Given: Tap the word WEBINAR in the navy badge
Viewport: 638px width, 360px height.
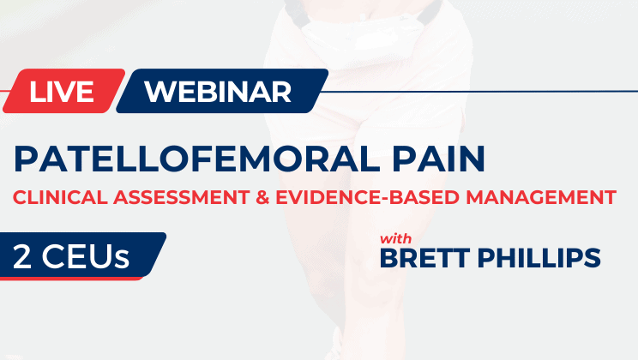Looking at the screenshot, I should click(218, 92).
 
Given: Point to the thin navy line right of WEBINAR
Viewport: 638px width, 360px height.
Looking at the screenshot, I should click(480, 92).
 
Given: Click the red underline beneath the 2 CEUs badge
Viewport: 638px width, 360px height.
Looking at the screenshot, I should click(77, 278).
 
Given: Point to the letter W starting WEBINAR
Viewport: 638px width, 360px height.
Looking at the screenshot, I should click(158, 92).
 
